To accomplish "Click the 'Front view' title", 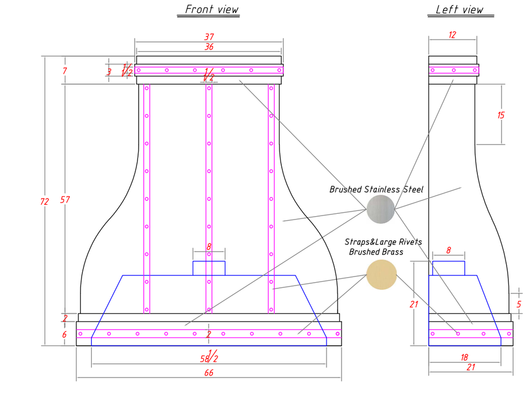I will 212,10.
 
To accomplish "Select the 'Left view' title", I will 459,10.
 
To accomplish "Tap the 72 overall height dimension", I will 45,201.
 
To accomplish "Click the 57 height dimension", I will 65,200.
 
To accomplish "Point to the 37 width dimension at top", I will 209,37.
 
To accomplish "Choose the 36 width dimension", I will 209,47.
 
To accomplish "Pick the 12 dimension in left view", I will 452,34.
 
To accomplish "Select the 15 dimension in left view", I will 501,115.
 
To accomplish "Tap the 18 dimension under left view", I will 464,357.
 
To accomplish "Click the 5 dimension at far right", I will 519,305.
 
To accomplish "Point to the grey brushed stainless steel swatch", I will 381,209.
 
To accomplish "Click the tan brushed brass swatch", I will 382,274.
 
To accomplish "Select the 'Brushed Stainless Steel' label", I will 376,190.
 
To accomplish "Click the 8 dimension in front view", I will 209,247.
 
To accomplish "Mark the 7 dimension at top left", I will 65,71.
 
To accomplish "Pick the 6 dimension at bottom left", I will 64,335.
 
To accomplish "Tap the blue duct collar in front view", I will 209,268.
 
